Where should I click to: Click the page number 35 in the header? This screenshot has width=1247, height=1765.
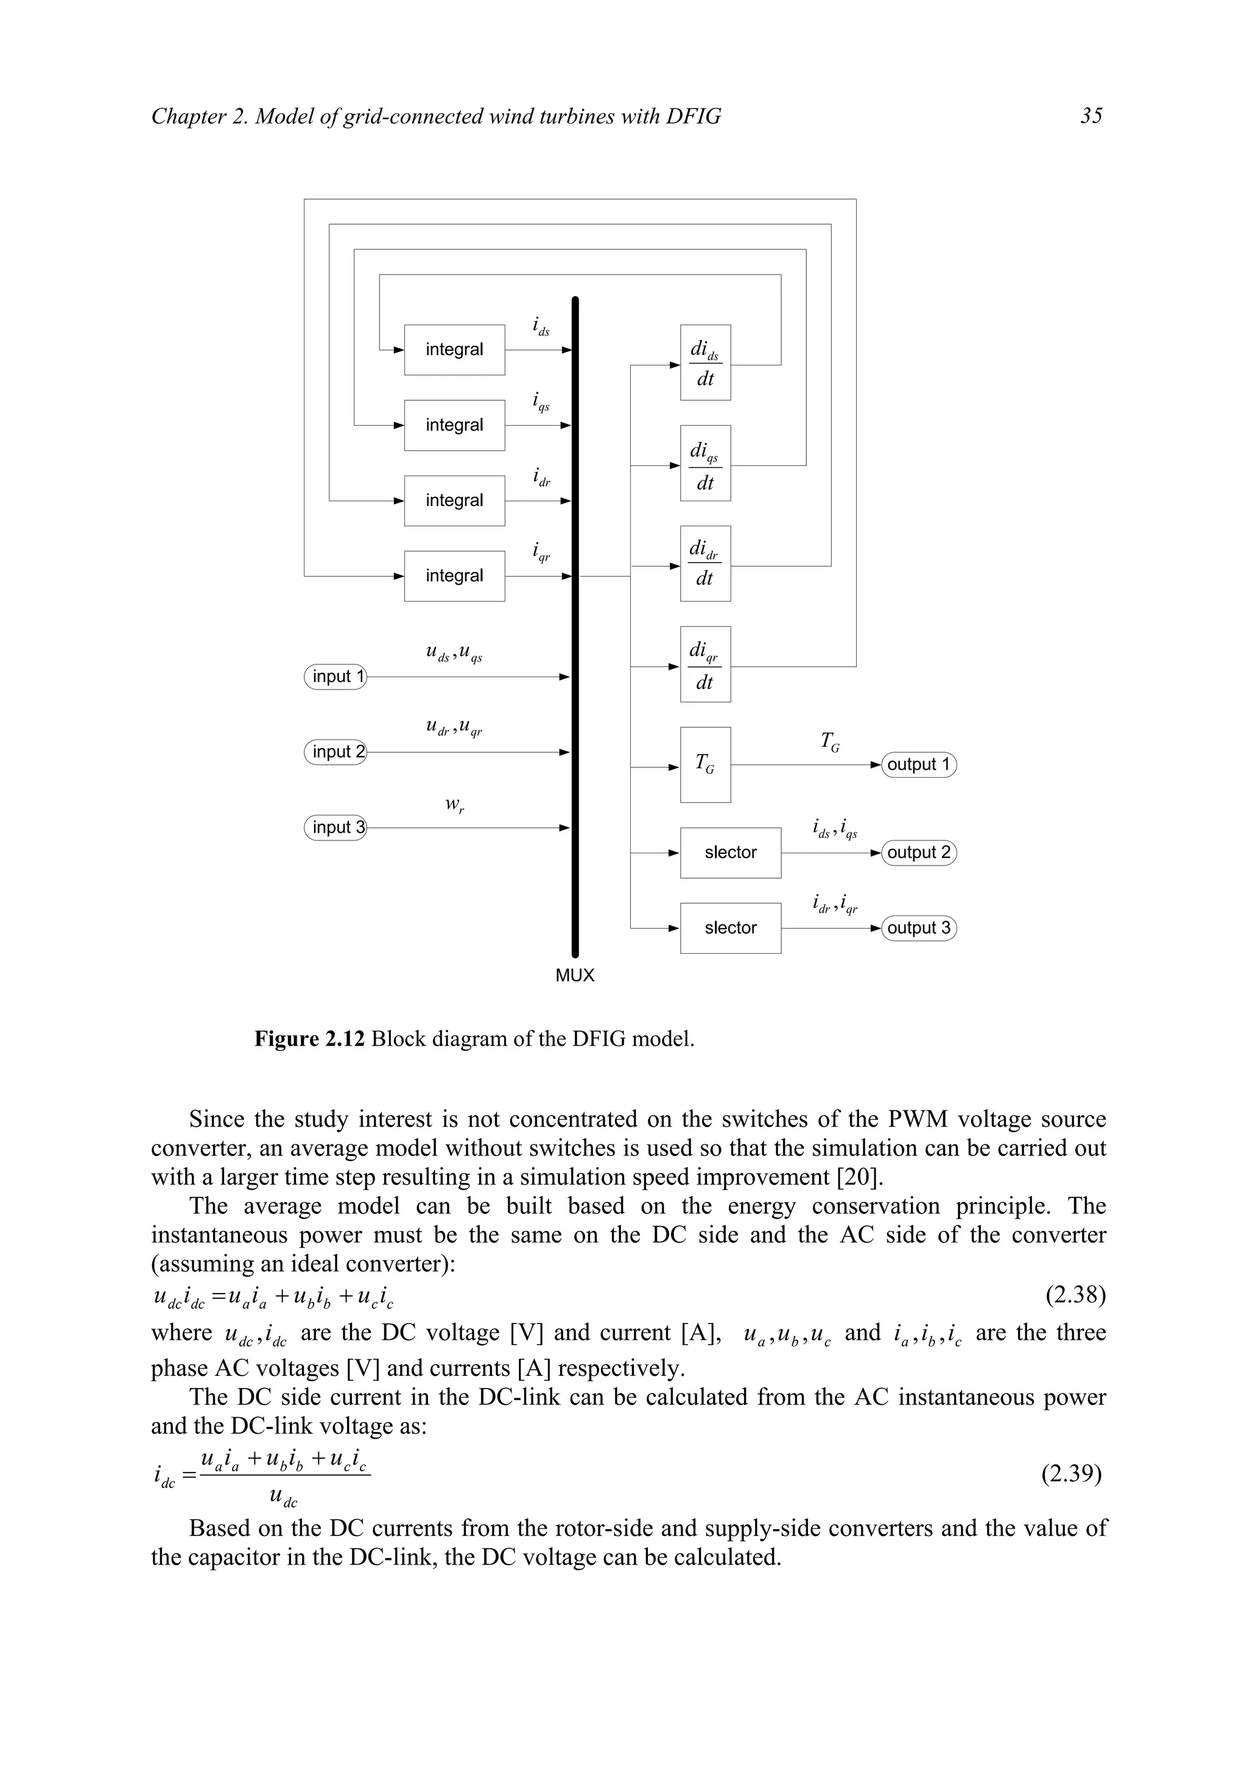click(1091, 116)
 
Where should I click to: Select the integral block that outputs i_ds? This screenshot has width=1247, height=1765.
click(454, 350)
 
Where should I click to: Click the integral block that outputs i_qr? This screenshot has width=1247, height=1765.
click(454, 576)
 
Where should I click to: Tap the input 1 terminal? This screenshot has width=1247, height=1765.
click(335, 677)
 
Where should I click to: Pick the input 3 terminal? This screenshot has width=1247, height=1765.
click(335, 827)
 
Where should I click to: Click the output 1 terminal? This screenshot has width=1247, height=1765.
click(918, 765)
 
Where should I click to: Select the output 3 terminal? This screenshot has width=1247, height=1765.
click(918, 928)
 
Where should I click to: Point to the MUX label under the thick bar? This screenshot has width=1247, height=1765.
click(575, 976)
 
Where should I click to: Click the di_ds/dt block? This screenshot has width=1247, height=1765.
click(704, 363)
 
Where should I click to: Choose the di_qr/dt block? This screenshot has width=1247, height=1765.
click(704, 664)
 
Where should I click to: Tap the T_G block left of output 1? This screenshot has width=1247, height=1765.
click(704, 764)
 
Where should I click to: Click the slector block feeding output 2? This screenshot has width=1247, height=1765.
click(730, 853)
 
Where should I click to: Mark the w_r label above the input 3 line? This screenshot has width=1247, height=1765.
click(455, 805)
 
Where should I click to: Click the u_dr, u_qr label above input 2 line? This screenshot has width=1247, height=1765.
click(454, 727)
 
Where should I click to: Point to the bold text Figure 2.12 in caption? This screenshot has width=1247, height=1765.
click(310, 1039)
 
